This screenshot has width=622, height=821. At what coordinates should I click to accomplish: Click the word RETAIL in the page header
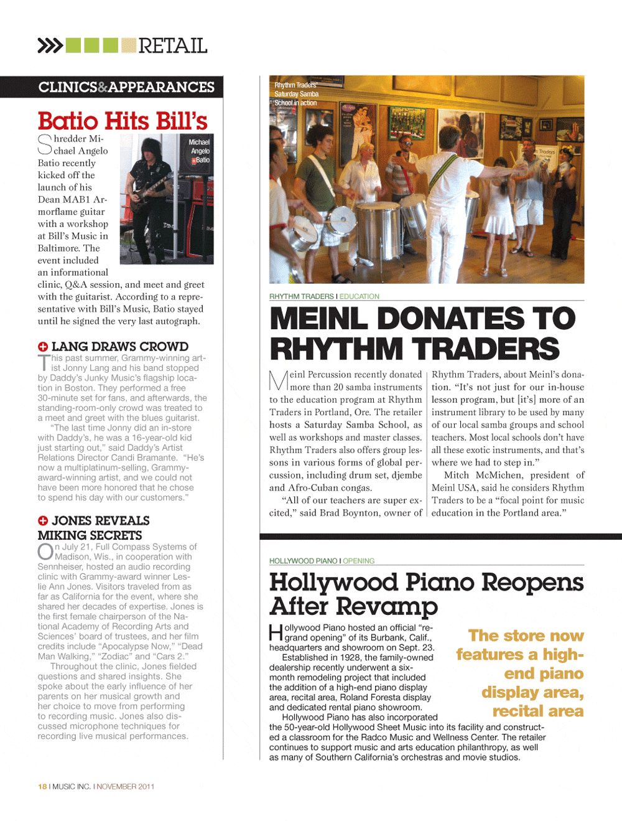pyautogui.click(x=172, y=45)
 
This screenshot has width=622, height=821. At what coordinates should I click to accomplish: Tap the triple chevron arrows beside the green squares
pyautogui.click(x=50, y=45)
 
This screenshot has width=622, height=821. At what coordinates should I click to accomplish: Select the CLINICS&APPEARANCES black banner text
pyautogui.click(x=126, y=87)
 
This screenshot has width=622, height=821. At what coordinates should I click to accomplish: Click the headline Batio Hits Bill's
pyautogui.click(x=123, y=121)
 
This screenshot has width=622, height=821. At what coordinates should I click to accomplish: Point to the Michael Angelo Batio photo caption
pyautogui.click(x=200, y=151)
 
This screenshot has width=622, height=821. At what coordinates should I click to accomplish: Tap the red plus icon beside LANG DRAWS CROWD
pyautogui.click(x=43, y=347)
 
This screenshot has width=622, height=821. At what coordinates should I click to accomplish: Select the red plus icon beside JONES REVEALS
pyautogui.click(x=43, y=521)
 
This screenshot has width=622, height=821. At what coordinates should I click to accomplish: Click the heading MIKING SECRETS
pyautogui.click(x=90, y=535)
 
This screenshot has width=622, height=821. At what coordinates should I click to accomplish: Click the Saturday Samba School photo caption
pyautogui.click(x=297, y=94)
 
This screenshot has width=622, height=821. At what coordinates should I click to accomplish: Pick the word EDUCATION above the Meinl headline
pyautogui.click(x=359, y=296)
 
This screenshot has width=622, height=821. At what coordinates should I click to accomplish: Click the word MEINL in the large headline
pyautogui.click(x=318, y=319)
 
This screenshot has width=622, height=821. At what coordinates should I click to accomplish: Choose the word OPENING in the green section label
pyautogui.click(x=359, y=561)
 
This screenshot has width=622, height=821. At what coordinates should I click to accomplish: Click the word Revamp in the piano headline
pyautogui.click(x=388, y=606)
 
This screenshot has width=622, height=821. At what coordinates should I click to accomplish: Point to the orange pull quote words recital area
pyautogui.click(x=537, y=711)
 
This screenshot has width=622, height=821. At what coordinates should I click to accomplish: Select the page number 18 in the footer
pyautogui.click(x=42, y=786)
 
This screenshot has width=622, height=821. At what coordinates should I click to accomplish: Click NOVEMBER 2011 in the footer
pyautogui.click(x=126, y=786)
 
